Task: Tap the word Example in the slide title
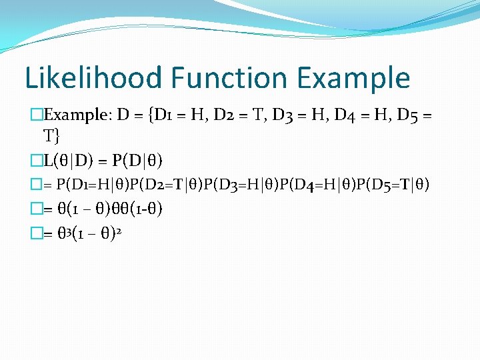point(354,79)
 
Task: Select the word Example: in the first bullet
point(73,116)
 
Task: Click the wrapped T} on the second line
point(51,137)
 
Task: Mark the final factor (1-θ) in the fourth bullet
point(146,209)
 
